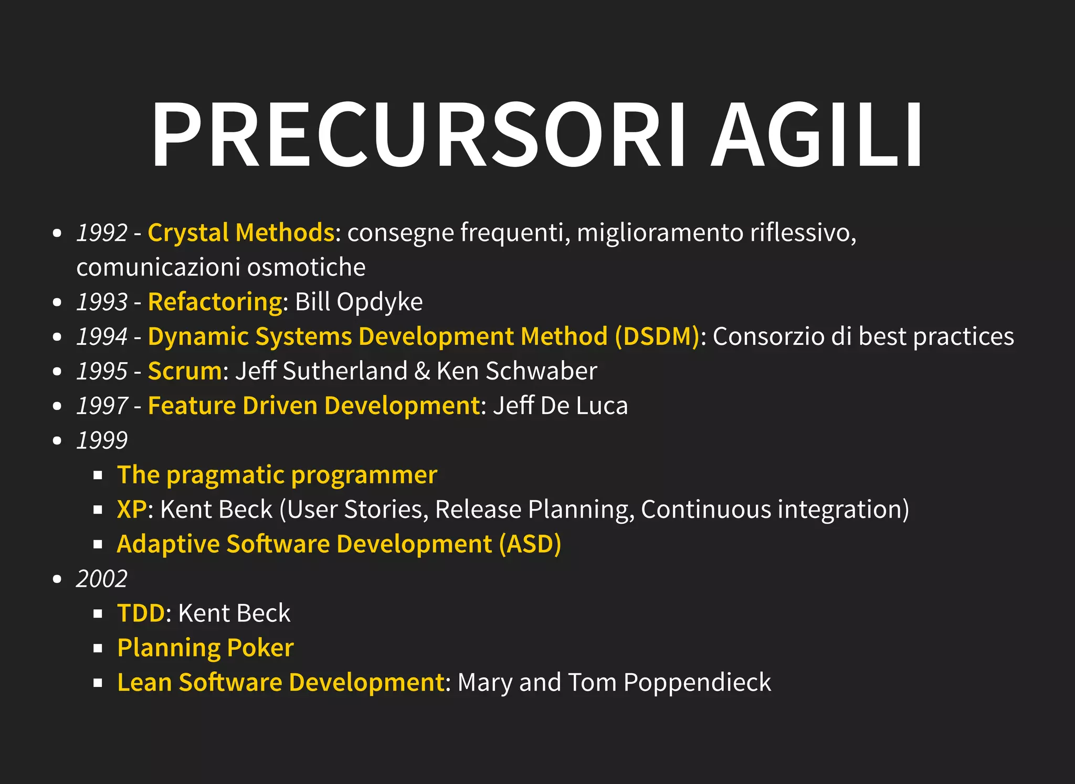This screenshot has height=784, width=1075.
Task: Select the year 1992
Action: coord(102,232)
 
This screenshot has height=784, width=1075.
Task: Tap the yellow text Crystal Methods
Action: coord(241,232)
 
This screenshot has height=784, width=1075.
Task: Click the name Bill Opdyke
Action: coord(359,302)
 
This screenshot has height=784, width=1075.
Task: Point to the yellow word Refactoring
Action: coord(215,302)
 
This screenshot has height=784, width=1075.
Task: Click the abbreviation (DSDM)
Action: coord(657,336)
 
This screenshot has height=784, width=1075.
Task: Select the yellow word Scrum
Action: coord(185,371)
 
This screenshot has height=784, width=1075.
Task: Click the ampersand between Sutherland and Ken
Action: coord(422,371)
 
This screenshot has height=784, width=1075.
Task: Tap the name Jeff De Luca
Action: coord(560,406)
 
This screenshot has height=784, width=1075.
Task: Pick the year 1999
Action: coord(102,440)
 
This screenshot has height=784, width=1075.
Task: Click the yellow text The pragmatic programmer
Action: coord(277,475)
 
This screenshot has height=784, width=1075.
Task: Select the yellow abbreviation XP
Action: coord(132,510)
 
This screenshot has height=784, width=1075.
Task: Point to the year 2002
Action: coord(102,579)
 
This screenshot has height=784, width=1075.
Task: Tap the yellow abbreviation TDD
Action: coord(141,613)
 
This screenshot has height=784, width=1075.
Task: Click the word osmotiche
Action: coord(306,267)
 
